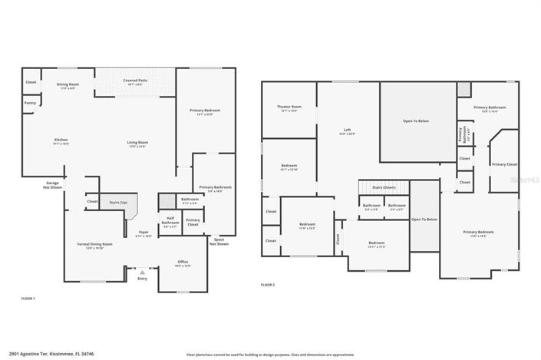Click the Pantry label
(30, 102)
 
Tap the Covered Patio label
(136, 80)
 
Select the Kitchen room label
(61, 140)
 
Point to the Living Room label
(137, 142)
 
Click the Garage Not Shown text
(52, 184)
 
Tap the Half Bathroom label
(170, 223)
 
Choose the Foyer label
(143, 233)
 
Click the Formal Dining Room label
(94, 245)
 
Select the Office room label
(183, 263)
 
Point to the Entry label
(142, 279)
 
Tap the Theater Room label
(289, 107)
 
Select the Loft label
(348, 130)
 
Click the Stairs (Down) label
(383, 187)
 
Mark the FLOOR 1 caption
(28, 298)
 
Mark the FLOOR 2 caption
(267, 285)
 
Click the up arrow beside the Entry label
(142, 271)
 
